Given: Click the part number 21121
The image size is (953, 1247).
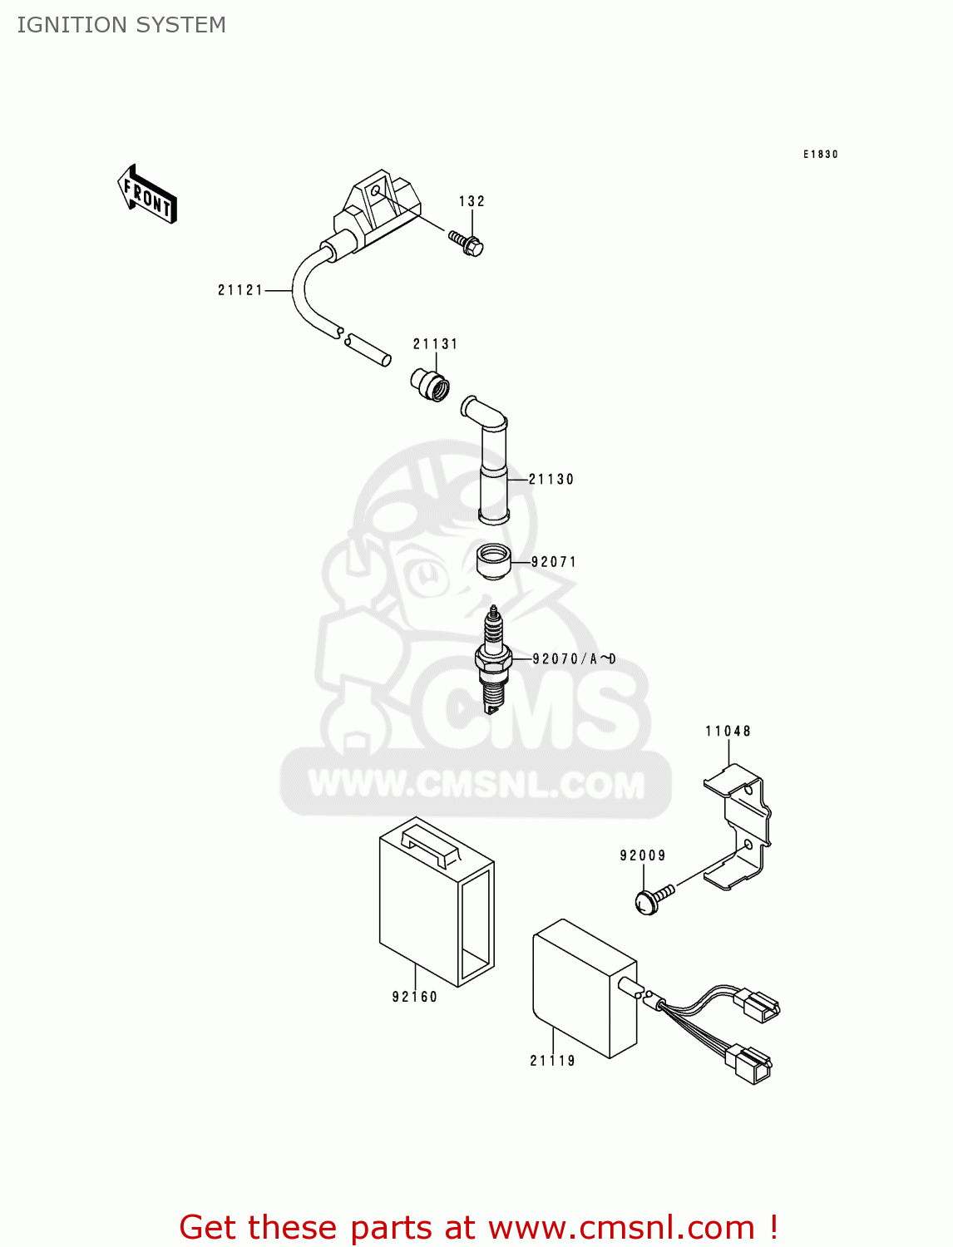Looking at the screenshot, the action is [x=240, y=290].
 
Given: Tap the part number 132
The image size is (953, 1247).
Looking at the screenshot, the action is [x=472, y=201].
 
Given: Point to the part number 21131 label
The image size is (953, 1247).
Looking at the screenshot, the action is [x=436, y=344].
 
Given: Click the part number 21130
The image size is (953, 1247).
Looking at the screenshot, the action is [x=551, y=480].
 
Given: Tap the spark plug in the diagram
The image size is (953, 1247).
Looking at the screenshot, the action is [x=493, y=661].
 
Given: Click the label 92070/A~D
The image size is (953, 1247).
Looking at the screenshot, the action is [x=574, y=659].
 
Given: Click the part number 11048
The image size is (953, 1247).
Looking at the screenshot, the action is [x=728, y=732].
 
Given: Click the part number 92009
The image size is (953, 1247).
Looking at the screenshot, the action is [x=643, y=855].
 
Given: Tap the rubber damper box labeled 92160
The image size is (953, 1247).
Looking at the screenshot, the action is [x=437, y=898].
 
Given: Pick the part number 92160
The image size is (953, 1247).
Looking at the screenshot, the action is [x=415, y=997].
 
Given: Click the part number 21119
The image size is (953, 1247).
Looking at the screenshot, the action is [x=553, y=1061].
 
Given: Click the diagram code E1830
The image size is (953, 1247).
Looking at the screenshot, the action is [x=820, y=155].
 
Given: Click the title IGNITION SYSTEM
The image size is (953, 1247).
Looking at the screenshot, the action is [x=121, y=25].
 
